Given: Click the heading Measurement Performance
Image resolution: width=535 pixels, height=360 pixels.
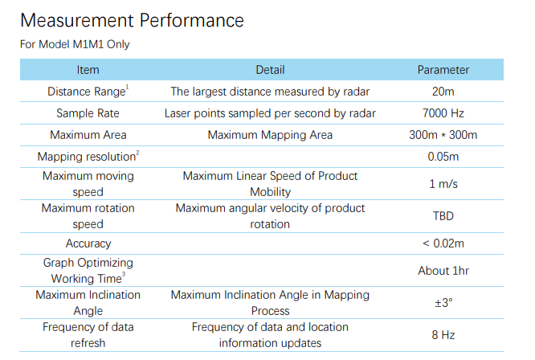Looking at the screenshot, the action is (132, 20).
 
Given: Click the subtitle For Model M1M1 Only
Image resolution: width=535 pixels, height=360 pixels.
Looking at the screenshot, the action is (75, 44).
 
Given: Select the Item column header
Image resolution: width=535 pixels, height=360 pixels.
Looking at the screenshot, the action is (88, 70).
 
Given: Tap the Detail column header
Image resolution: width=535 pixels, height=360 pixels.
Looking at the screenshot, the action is (270, 70).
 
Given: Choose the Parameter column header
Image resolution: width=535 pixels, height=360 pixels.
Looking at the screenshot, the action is (443, 70).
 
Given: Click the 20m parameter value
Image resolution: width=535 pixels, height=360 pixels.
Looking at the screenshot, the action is (443, 92).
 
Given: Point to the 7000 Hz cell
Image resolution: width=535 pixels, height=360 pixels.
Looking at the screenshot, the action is (443, 113).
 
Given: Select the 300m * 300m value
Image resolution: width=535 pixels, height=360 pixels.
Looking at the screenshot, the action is (443, 135).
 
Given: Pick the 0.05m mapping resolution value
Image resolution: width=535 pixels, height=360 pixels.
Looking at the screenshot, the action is (443, 157).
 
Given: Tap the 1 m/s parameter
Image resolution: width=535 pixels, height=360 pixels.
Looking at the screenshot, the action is (443, 184).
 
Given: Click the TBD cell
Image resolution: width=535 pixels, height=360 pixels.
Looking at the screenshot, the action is (443, 216).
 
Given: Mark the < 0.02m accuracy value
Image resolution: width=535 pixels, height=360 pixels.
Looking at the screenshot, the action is (443, 243).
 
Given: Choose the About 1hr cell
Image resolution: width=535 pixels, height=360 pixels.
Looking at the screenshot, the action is (443, 271).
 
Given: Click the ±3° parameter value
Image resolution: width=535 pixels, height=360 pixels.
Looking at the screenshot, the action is (443, 303).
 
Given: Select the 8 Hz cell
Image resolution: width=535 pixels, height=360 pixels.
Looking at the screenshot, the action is (443, 335).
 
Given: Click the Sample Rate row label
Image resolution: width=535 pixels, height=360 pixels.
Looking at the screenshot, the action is (88, 113).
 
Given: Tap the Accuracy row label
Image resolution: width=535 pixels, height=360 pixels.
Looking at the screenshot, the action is (88, 243).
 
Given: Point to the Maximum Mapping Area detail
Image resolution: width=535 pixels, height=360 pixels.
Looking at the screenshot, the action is (270, 135).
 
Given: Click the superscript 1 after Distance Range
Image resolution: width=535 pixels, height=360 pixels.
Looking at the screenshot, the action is (127, 87).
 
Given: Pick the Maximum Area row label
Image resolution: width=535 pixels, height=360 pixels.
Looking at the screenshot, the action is (88, 135).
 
